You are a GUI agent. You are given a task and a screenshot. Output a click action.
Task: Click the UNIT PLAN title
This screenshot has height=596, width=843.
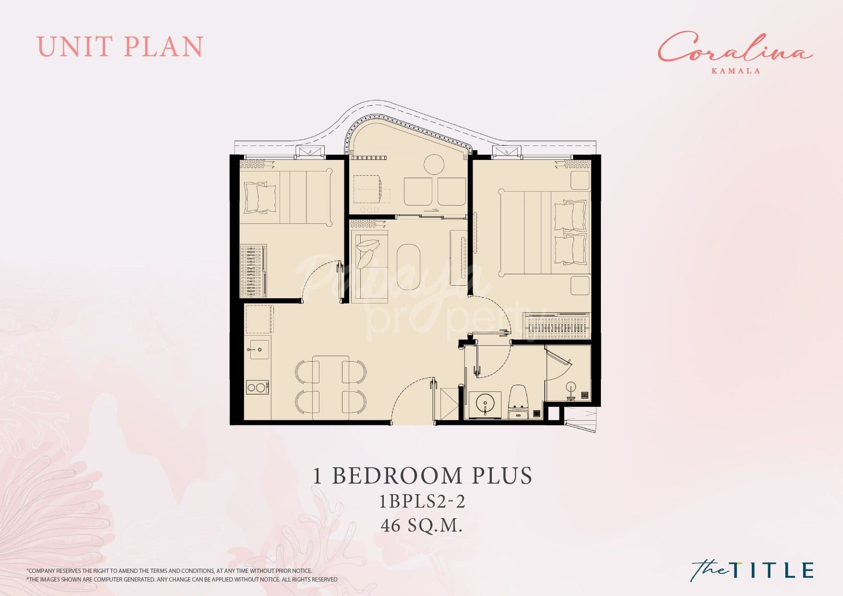120,47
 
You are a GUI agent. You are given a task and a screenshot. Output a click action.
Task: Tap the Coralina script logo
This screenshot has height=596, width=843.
735,48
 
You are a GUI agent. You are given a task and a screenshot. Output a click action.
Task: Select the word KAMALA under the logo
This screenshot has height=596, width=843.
736,71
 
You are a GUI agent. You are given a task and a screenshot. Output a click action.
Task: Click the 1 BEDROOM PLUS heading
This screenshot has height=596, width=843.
422,475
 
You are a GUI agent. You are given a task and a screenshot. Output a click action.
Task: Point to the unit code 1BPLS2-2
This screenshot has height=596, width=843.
422,502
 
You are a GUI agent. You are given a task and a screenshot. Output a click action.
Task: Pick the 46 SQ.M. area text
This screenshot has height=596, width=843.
422,526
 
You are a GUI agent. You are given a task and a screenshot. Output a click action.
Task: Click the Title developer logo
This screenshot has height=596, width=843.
752,570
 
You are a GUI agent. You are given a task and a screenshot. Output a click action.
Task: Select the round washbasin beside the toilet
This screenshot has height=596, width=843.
485,404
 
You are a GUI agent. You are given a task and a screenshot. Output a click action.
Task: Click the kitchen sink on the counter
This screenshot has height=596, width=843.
258,349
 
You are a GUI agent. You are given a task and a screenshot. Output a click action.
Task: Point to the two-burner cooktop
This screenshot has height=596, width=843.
257,387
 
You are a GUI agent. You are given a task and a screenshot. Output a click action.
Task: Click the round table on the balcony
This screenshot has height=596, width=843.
434,165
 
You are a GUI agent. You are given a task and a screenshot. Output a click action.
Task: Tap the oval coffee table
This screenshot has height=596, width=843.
408,266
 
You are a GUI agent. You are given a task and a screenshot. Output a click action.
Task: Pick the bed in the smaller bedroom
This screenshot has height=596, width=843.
287,197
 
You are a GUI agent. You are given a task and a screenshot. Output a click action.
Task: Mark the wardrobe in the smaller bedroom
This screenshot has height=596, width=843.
253,271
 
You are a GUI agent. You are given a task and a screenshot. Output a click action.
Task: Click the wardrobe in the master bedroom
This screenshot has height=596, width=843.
557,326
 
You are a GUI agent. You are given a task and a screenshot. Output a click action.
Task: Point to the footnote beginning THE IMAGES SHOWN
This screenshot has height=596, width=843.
183,580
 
